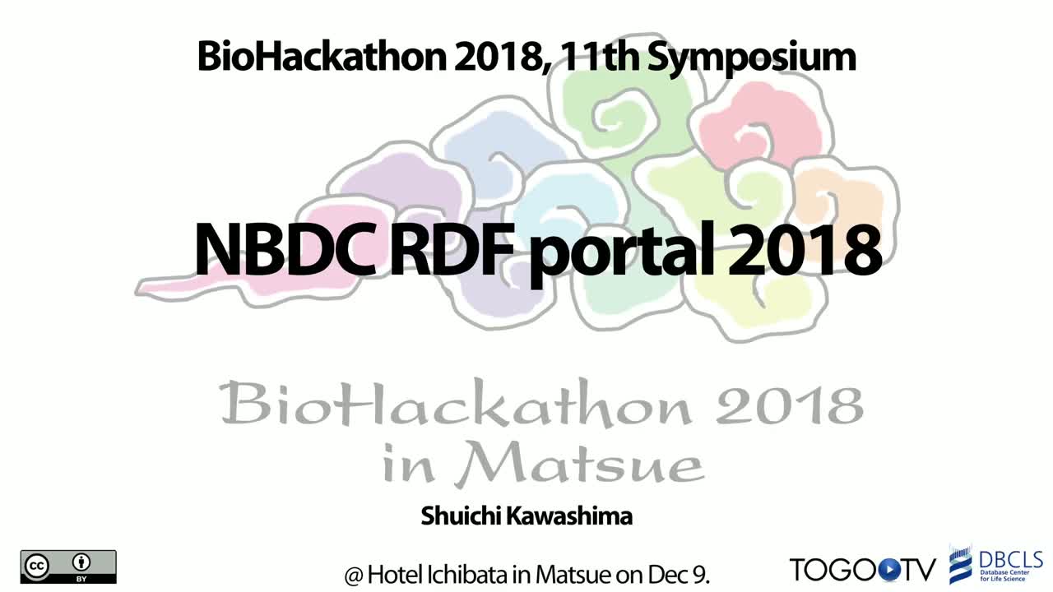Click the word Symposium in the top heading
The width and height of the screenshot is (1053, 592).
coord(752,58)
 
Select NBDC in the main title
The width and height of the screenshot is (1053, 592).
coord(285,249)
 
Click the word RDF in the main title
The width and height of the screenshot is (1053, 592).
coord(452,249)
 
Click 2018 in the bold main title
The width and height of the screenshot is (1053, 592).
coord(805,250)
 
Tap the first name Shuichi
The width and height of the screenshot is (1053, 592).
coord(461,516)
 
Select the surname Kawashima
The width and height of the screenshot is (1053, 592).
coord(569,516)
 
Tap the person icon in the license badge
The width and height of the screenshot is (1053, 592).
coord(81,562)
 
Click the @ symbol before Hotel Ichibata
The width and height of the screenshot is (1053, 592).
coord(354,575)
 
